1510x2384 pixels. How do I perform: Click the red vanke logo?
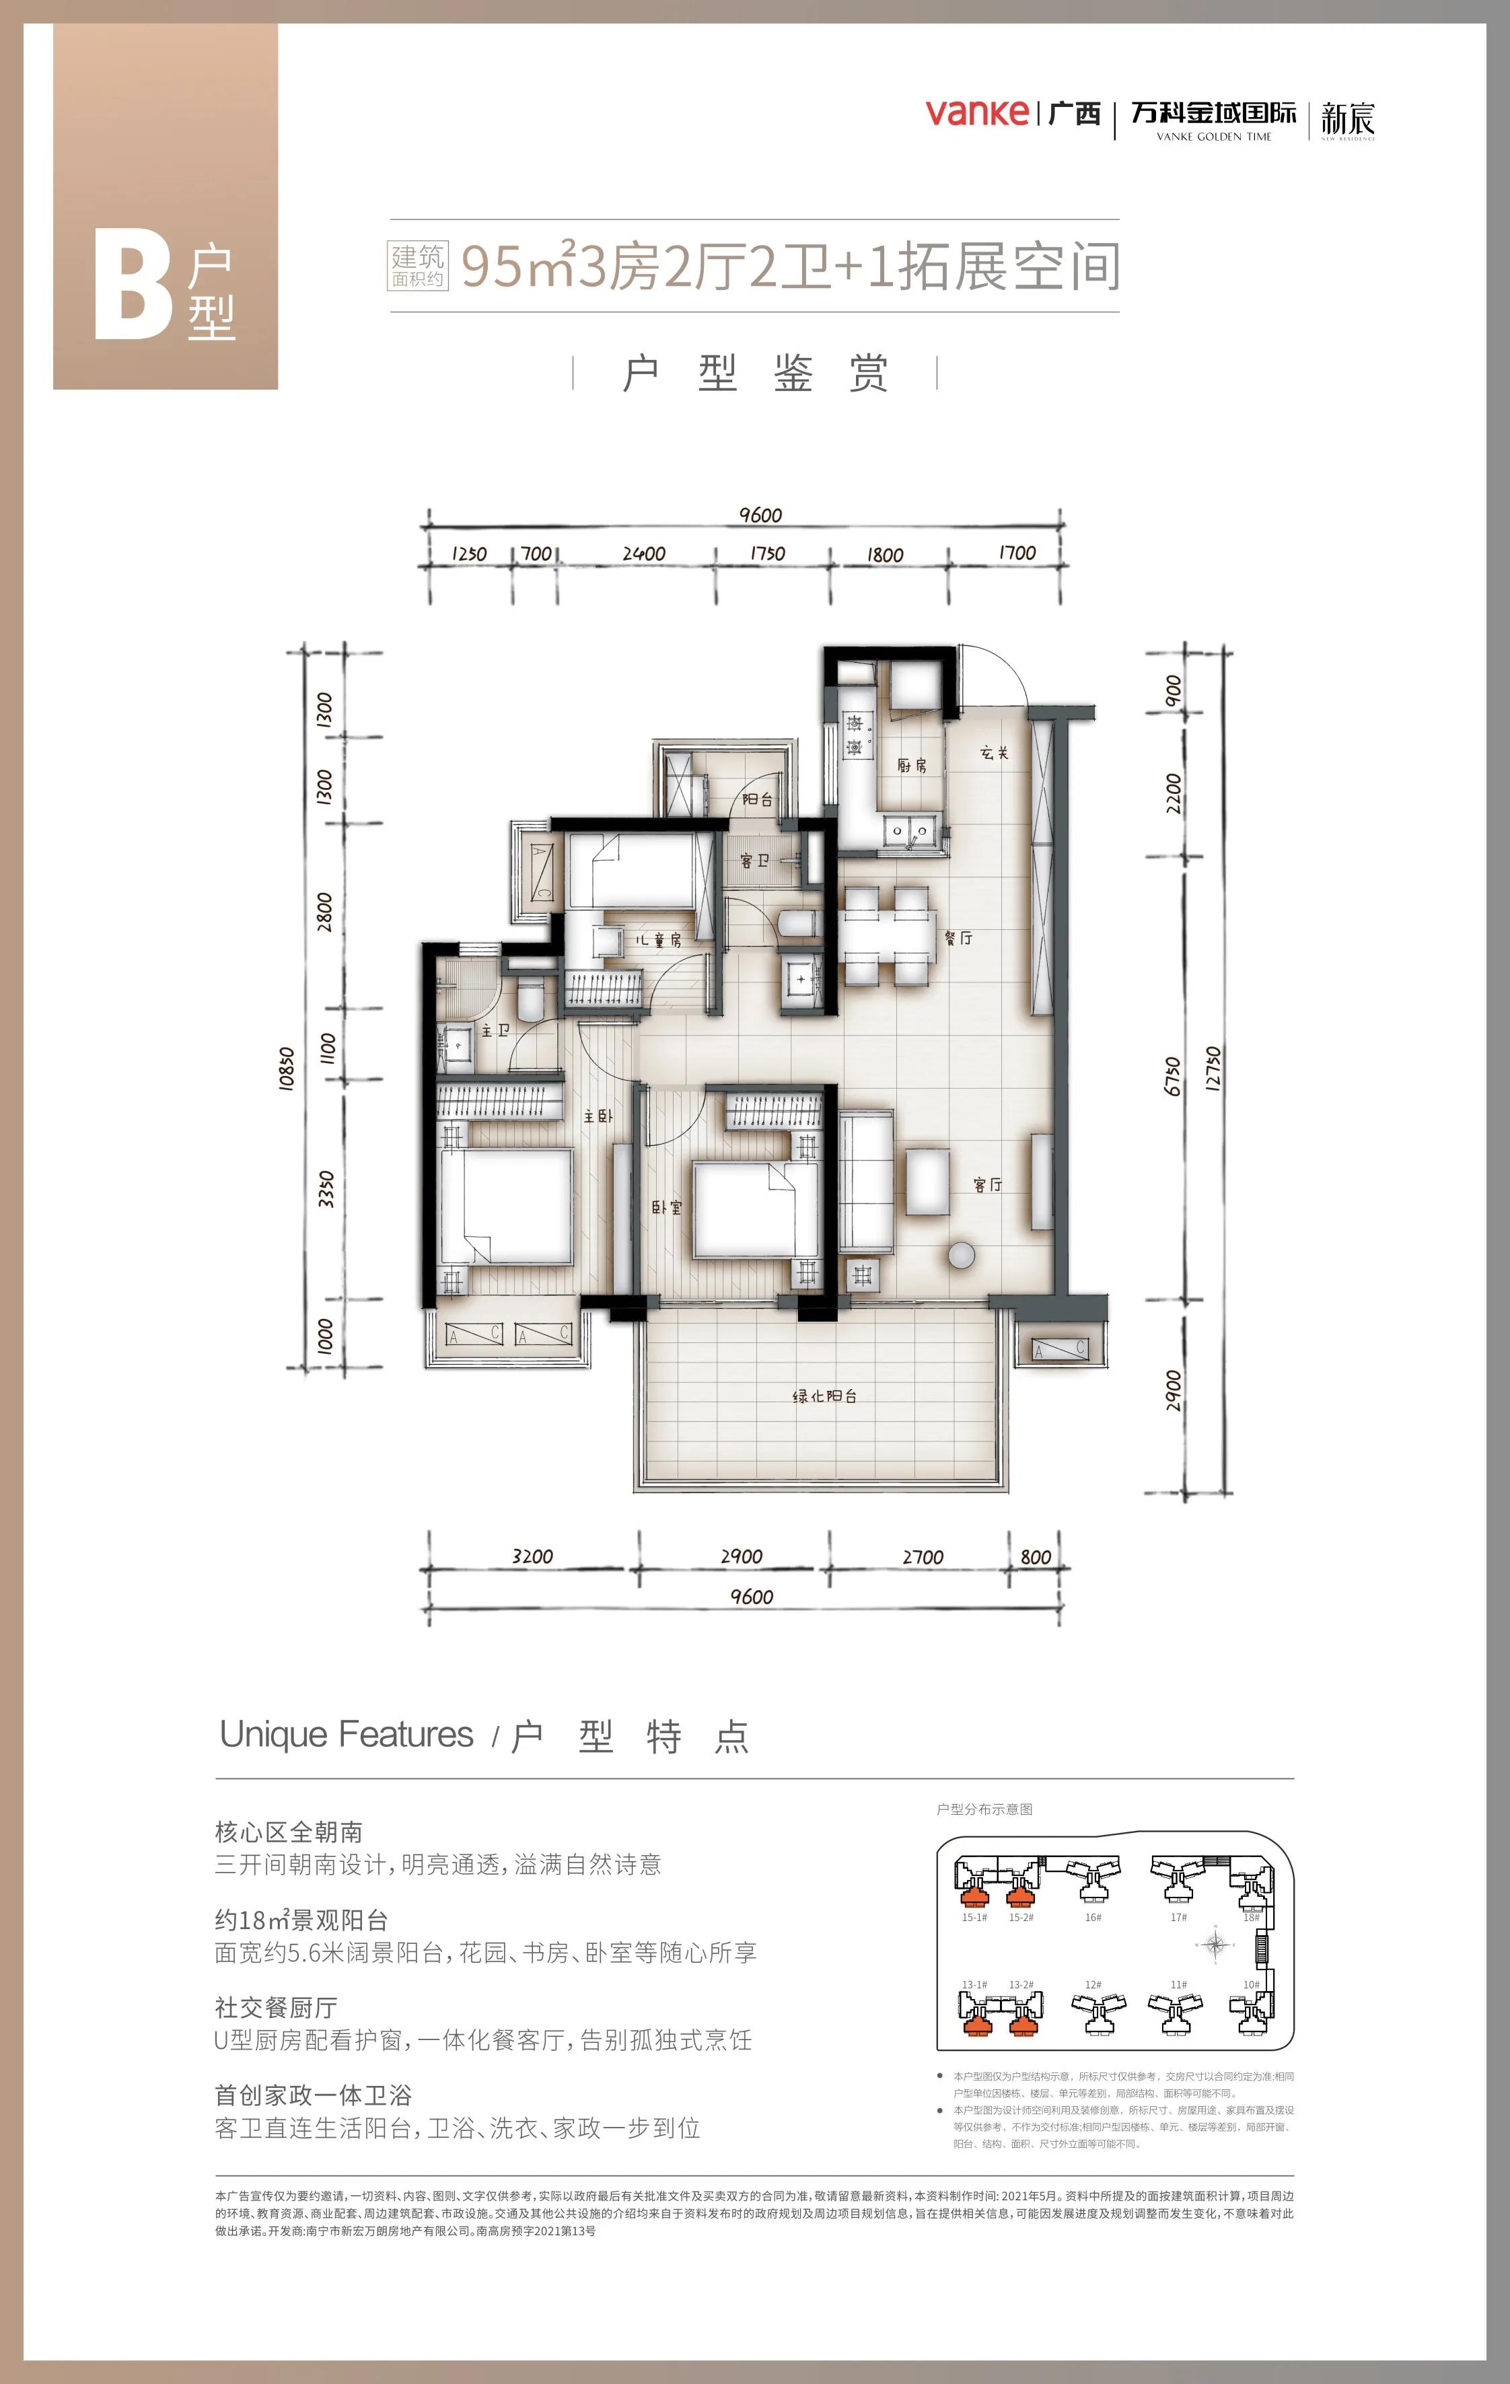click(x=976, y=113)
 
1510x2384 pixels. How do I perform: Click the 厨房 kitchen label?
click(x=911, y=765)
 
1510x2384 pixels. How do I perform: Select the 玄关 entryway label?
click(x=994, y=754)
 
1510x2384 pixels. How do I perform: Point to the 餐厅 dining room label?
click(x=958, y=937)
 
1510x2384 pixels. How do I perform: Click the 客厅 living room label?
click(x=987, y=1184)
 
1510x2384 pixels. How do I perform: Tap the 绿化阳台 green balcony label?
click(x=824, y=1396)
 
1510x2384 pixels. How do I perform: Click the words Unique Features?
click(x=347, y=1735)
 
